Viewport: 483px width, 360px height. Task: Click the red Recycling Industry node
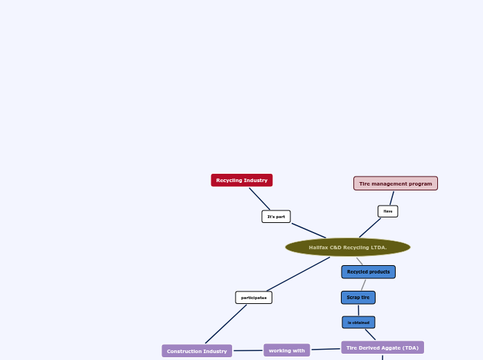coord(242,180)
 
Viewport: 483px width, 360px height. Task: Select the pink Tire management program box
coord(395,183)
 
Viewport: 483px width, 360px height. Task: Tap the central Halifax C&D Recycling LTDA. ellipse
coord(348,247)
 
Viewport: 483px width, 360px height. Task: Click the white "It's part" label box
coord(276,217)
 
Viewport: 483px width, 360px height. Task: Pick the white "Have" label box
coord(388,211)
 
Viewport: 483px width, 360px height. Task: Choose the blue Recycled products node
coord(368,272)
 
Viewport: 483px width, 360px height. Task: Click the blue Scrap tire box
coord(358,298)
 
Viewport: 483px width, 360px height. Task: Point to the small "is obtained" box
coord(358,323)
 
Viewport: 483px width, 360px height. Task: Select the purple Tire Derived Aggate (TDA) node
coord(383,348)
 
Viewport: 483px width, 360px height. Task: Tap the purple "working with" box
coord(287,350)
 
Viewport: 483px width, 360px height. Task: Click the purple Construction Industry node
coord(197,351)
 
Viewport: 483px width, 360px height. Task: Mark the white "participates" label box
coord(254,298)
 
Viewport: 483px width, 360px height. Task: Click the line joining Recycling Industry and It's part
coord(260,199)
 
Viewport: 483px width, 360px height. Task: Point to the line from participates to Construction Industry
coord(226,324)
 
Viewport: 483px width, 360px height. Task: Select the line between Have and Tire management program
coord(392,198)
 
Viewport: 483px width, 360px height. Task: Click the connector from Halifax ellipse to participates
coord(298,274)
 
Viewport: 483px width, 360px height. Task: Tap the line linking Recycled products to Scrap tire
coord(363,285)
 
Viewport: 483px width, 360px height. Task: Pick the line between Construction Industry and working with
coord(248,350)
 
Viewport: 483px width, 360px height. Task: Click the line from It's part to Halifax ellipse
coord(308,230)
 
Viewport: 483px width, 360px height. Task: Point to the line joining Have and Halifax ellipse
coord(370,228)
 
